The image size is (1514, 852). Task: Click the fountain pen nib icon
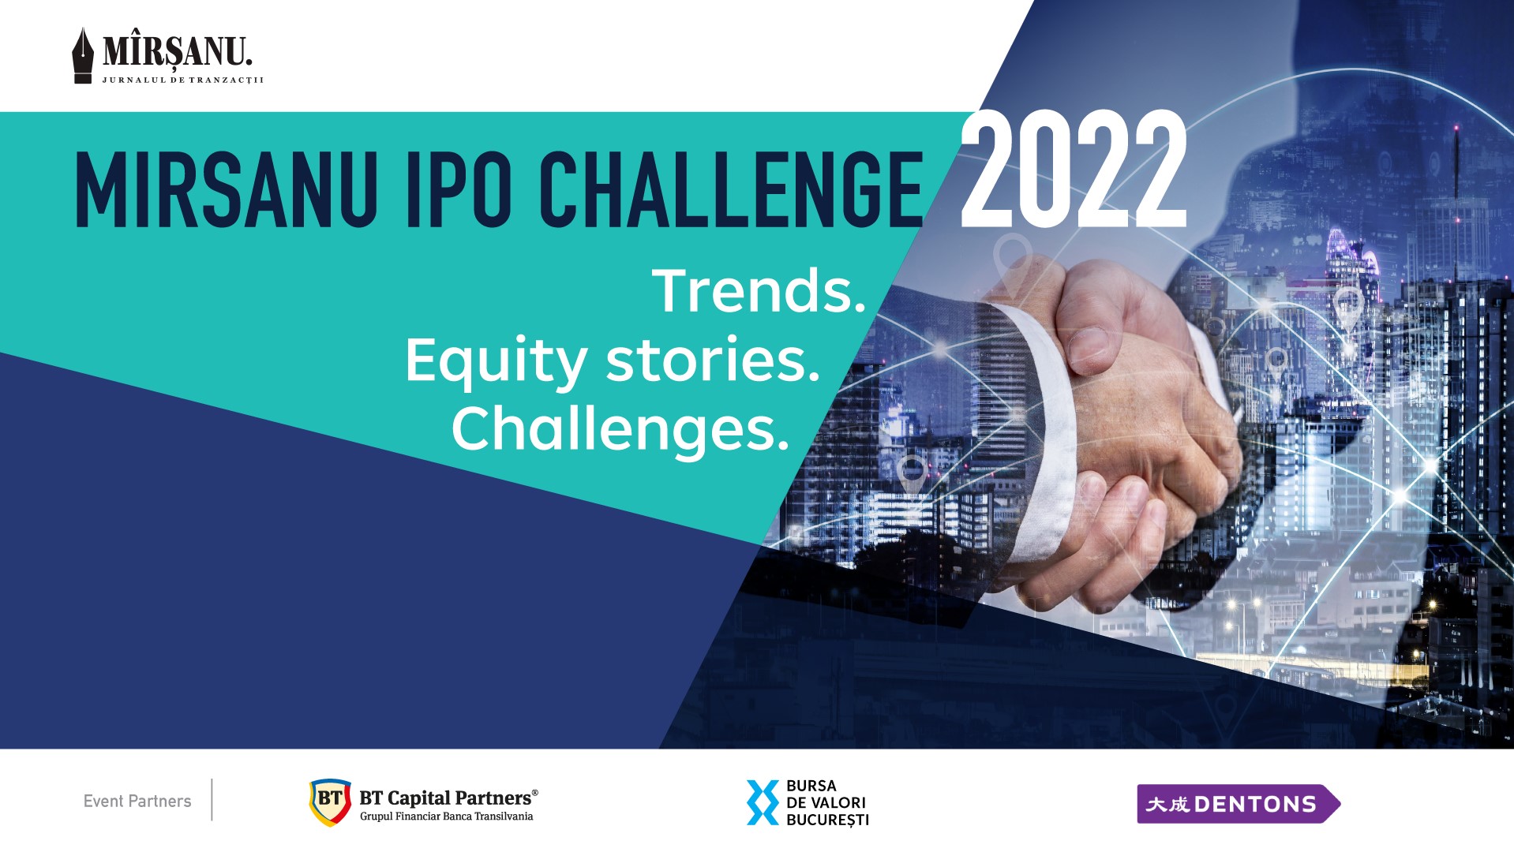pos(83,55)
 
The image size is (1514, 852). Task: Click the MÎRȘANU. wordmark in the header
pos(178,52)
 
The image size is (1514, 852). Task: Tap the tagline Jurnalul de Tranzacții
pos(182,80)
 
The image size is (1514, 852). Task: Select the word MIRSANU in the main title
pos(226,189)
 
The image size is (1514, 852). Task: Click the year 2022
pos(1074,170)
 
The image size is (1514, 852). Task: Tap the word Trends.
pos(759,290)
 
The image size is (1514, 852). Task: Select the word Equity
pos(496,362)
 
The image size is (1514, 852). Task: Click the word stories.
pos(713,360)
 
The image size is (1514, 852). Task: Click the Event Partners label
pos(137,801)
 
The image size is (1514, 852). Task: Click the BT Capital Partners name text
pos(448,798)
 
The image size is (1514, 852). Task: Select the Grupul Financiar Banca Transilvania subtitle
pos(447,816)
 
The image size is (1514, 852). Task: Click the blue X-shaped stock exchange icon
pos(763,802)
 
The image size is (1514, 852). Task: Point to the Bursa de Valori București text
pos(827,803)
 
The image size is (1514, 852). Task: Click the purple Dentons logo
pos(1239,804)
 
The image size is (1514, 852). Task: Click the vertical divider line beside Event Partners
pos(212,800)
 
